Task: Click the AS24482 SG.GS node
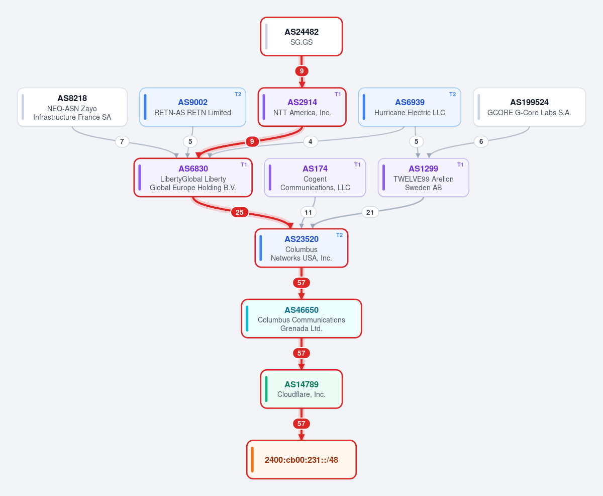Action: (x=301, y=37)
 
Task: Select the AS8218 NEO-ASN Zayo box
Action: (x=72, y=107)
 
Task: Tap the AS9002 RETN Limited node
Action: (x=192, y=107)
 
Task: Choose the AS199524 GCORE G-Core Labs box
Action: (x=529, y=107)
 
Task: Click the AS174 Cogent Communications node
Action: (x=315, y=178)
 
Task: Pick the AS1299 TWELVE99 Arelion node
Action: (x=423, y=178)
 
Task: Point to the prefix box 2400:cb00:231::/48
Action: (x=301, y=459)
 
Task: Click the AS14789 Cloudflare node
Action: (x=301, y=389)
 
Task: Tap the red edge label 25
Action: (x=239, y=212)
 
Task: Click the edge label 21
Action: (x=370, y=212)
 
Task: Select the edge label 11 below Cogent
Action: (x=308, y=212)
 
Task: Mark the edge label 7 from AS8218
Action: (x=122, y=141)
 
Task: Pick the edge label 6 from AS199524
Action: (x=481, y=141)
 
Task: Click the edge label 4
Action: (x=310, y=141)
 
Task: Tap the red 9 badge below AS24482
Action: (x=301, y=71)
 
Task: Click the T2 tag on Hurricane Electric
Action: (x=452, y=94)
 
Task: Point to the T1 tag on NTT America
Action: (x=338, y=94)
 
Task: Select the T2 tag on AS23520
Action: (x=339, y=235)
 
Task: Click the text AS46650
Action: (x=301, y=310)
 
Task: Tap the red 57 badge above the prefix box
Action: (x=301, y=424)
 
